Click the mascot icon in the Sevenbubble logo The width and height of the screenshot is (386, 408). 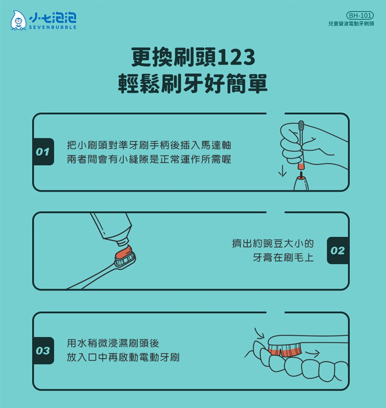click(x=18, y=21)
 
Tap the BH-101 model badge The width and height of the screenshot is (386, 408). click(x=360, y=15)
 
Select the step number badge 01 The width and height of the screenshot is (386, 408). click(x=43, y=152)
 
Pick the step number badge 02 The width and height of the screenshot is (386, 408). click(x=338, y=250)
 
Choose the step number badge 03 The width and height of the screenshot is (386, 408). click(x=43, y=351)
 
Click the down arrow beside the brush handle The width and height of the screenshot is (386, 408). click(x=282, y=171)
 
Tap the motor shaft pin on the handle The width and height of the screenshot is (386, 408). click(x=301, y=174)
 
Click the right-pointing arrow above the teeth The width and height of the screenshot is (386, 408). click(x=312, y=353)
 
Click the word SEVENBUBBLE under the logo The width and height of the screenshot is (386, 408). click(x=53, y=27)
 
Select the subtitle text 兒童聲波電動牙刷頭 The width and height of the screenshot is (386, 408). click(x=351, y=24)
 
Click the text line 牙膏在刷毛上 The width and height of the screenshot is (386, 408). click(x=283, y=258)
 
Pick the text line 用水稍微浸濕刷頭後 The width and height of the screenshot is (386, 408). click(x=113, y=343)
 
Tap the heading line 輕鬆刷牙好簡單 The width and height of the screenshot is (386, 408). click(x=193, y=84)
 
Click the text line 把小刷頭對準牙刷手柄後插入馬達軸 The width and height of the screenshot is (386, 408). click(x=149, y=145)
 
